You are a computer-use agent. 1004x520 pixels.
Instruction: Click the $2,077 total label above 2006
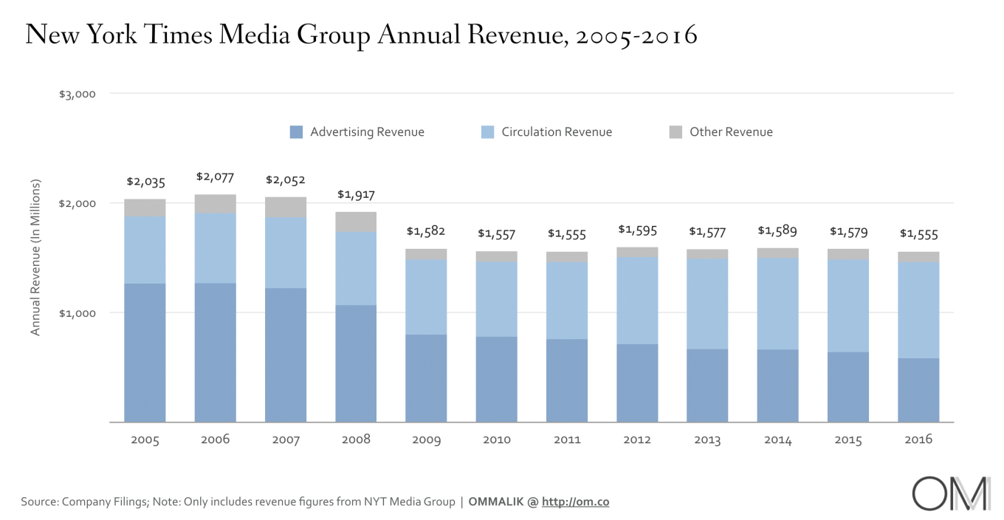tap(215, 177)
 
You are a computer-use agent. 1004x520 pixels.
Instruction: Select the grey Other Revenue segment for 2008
tap(356, 222)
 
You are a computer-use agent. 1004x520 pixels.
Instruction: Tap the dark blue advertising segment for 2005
tap(145, 352)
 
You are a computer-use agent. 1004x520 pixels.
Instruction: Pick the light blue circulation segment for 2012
tap(637, 300)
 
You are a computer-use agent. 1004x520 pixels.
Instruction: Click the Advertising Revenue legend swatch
tap(297, 132)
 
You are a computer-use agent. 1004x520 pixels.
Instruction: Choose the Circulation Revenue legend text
tap(557, 132)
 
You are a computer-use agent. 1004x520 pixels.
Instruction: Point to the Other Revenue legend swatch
tap(675, 132)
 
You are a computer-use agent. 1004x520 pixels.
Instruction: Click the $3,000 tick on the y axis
tap(78, 94)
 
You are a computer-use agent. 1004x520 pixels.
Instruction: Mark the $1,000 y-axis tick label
tap(78, 312)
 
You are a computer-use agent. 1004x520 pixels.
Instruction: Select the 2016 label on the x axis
tap(918, 439)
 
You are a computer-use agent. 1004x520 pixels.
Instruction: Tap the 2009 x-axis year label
tap(426, 439)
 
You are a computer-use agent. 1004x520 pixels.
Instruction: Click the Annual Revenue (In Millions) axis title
tap(35, 257)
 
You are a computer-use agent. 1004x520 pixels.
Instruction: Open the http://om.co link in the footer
tap(575, 502)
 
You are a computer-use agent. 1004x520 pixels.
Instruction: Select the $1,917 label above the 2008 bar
tap(356, 194)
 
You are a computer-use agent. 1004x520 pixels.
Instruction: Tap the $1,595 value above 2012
tap(637, 230)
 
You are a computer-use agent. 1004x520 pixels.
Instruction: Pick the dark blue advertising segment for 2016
tap(918, 390)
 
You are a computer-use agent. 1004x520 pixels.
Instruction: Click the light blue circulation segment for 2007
tap(286, 253)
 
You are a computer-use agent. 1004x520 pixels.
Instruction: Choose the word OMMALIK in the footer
tap(496, 502)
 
